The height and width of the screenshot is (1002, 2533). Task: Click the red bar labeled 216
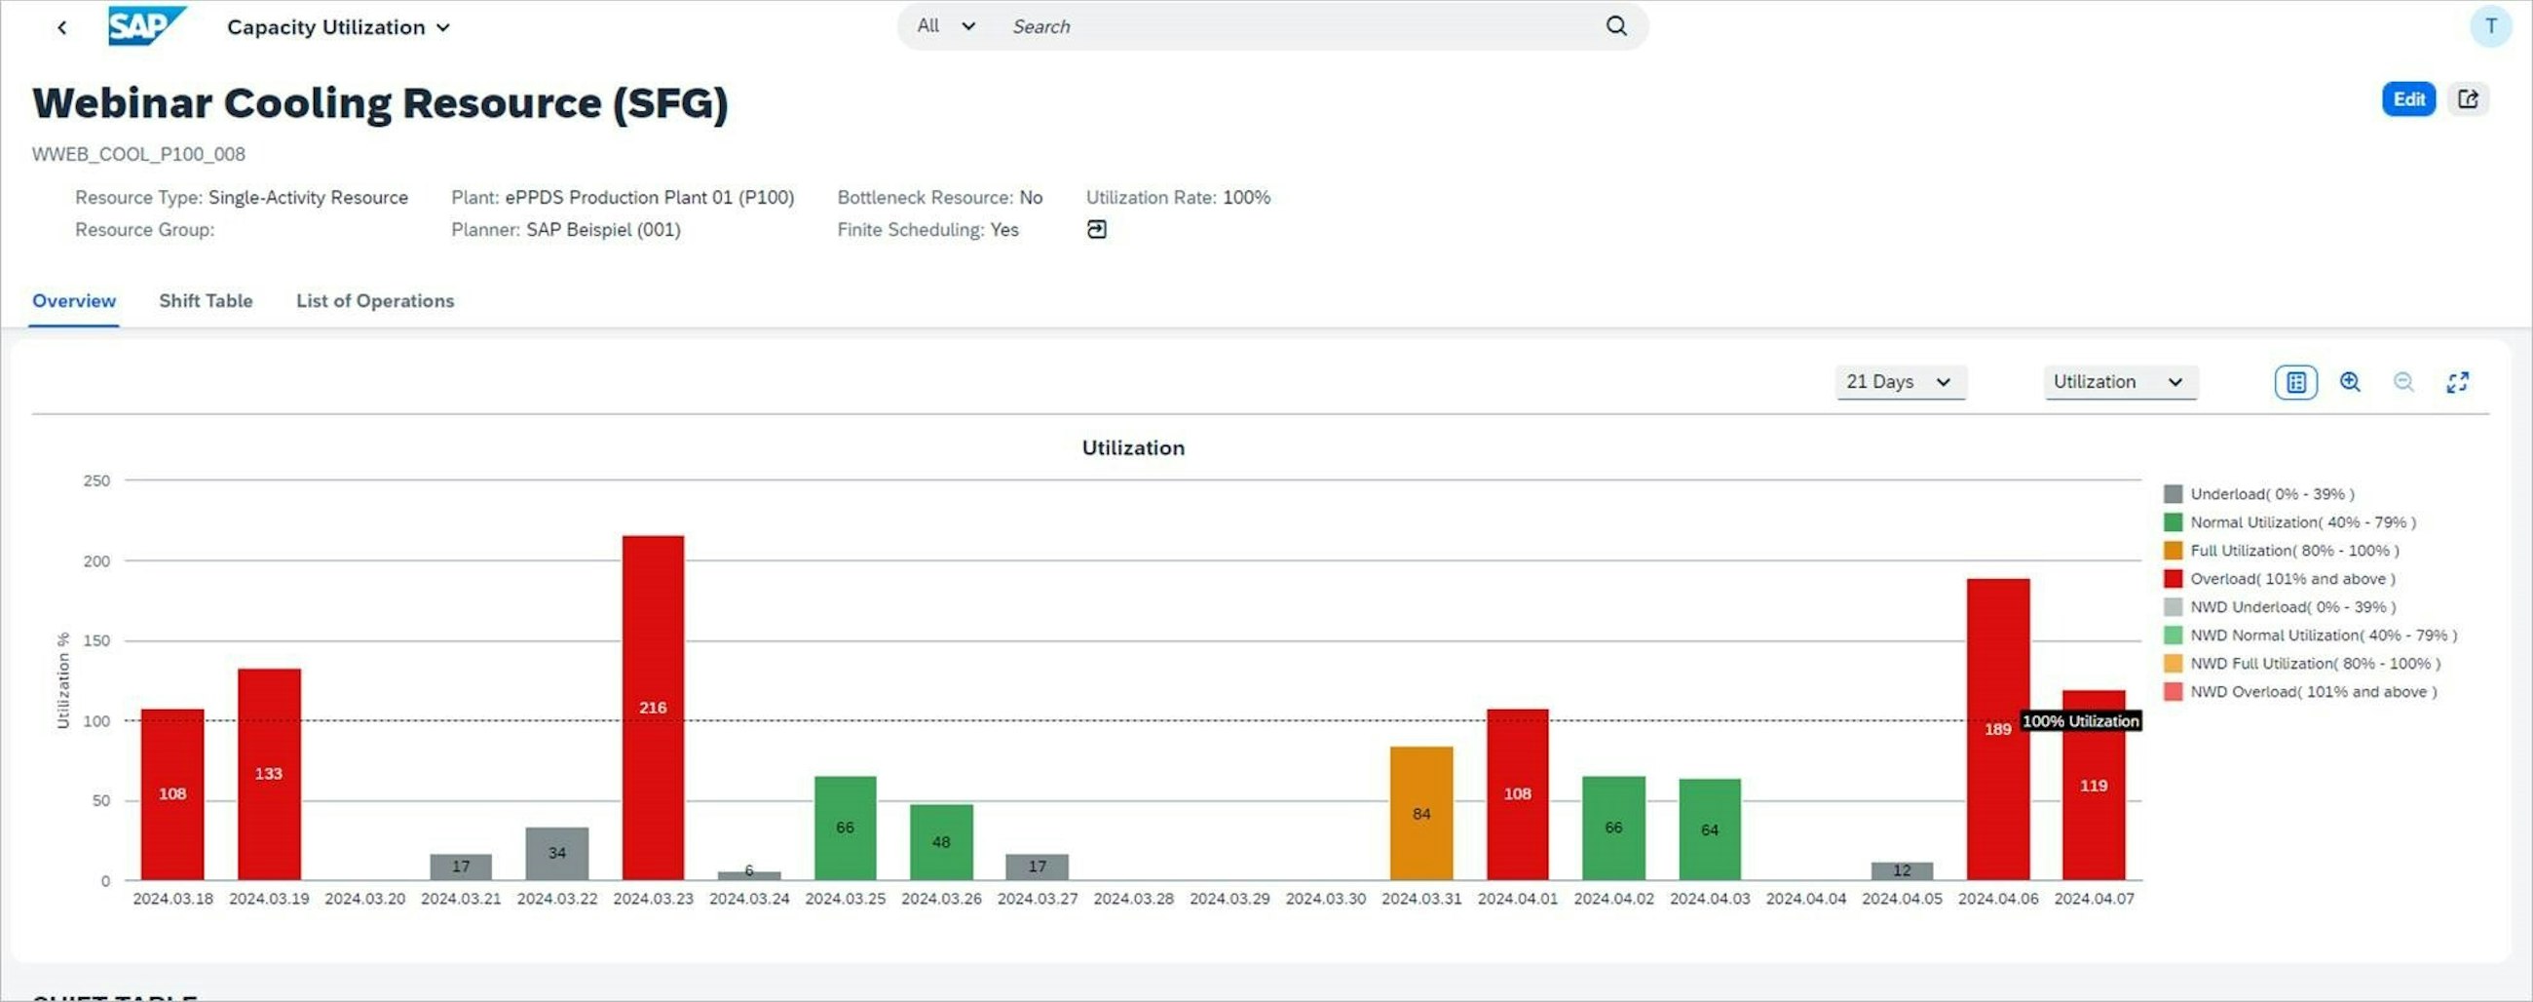[653, 707]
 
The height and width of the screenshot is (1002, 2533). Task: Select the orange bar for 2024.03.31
[1420, 813]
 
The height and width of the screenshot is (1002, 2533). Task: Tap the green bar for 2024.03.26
[941, 842]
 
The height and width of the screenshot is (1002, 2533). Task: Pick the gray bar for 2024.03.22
[556, 853]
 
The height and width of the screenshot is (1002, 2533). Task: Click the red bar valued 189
[1997, 729]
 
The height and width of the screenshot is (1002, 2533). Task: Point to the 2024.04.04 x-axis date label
[1805, 899]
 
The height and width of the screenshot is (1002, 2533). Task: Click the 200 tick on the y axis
[96, 561]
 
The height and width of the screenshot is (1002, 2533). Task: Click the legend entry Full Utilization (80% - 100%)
[2293, 551]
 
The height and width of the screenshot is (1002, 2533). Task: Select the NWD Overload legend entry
[2312, 692]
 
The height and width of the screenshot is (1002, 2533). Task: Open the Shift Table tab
[206, 301]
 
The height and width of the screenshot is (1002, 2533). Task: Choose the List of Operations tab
[375, 301]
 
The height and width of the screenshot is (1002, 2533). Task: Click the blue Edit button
[2408, 99]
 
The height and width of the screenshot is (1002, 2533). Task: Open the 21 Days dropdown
[1899, 381]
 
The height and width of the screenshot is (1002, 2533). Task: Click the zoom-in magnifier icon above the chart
[2350, 381]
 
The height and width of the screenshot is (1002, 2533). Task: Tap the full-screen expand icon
[2457, 381]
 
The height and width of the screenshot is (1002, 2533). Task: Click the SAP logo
[145, 26]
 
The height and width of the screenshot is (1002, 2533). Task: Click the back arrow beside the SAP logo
[62, 27]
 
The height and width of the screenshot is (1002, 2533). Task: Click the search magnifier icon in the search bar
[1616, 26]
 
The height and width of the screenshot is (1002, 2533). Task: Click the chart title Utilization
[1133, 448]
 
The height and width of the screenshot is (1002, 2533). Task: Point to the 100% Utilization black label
[2081, 720]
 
